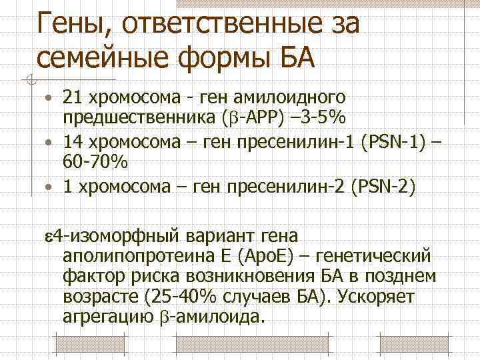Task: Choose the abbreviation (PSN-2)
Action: (379, 187)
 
